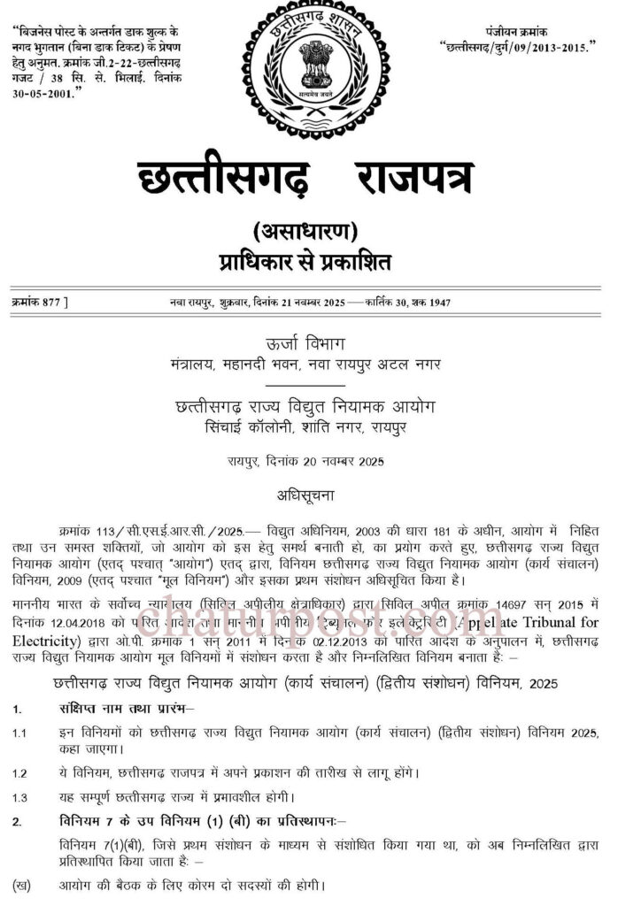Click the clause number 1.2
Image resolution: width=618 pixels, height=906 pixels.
(x=19, y=772)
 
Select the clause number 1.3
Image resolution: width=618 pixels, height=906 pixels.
(x=19, y=797)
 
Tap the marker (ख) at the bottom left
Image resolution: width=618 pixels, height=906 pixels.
(x=21, y=884)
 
